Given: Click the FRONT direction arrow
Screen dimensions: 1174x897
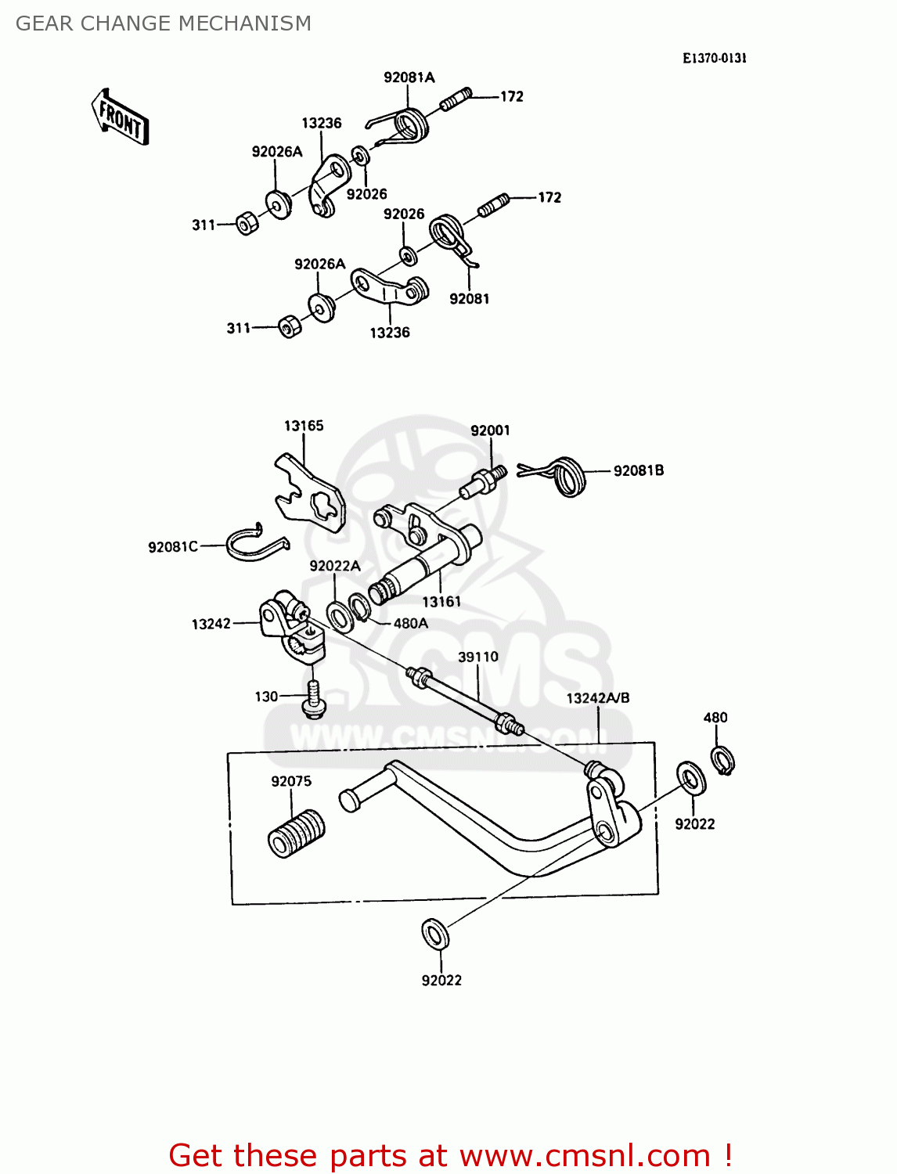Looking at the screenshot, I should (120, 117).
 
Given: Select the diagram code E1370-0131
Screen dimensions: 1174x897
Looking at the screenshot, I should (714, 59).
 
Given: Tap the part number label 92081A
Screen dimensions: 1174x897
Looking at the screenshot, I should (409, 77).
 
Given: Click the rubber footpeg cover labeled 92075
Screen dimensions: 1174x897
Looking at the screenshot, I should (296, 834).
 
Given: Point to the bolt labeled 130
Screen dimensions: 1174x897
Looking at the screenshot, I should (314, 699).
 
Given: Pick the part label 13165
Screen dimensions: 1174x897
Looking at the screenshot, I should (304, 426).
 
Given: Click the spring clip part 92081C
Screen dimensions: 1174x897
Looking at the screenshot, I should (255, 542).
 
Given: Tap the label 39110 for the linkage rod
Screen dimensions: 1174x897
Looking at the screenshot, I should (477, 657).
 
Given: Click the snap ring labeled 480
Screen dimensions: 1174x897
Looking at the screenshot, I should (722, 760).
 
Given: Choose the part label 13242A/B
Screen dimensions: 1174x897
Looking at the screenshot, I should (598, 697).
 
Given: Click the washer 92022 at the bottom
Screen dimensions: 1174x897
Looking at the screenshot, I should (434, 934).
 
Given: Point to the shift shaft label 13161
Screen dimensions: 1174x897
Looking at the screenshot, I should (441, 601).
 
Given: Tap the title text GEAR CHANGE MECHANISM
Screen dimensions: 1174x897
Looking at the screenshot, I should (164, 23).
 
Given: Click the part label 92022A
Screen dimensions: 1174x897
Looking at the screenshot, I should (334, 566).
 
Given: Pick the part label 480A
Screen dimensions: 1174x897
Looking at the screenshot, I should (410, 623).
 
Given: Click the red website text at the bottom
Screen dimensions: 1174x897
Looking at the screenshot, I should (450, 1155).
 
